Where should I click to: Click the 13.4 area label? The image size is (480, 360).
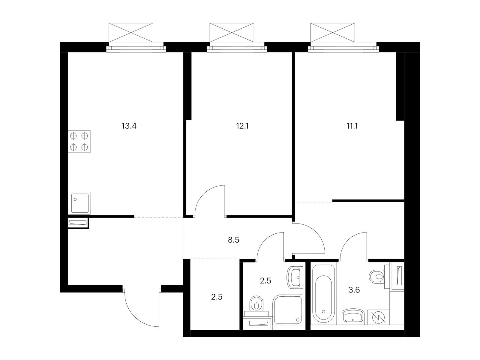pyautogui.click(x=129, y=126)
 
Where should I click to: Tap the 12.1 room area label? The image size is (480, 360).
pyautogui.click(x=242, y=126)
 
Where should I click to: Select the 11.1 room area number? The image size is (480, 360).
pyautogui.click(x=352, y=126)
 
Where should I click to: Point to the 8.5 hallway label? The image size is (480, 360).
pyautogui.click(x=233, y=240)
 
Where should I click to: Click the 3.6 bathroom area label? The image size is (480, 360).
pyautogui.click(x=354, y=290)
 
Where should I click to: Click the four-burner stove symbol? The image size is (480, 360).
pyautogui.click(x=79, y=142)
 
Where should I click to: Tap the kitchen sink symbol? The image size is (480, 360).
pyautogui.click(x=79, y=203)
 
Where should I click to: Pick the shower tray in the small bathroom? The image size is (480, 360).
pyautogui.click(x=288, y=310)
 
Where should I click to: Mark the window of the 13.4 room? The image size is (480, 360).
pyautogui.click(x=136, y=47)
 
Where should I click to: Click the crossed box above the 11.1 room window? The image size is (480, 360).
pyautogui.click(x=333, y=32)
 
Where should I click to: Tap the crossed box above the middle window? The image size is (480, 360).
pyautogui.click(x=232, y=32)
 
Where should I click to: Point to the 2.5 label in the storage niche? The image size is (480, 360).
pyautogui.click(x=217, y=297)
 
